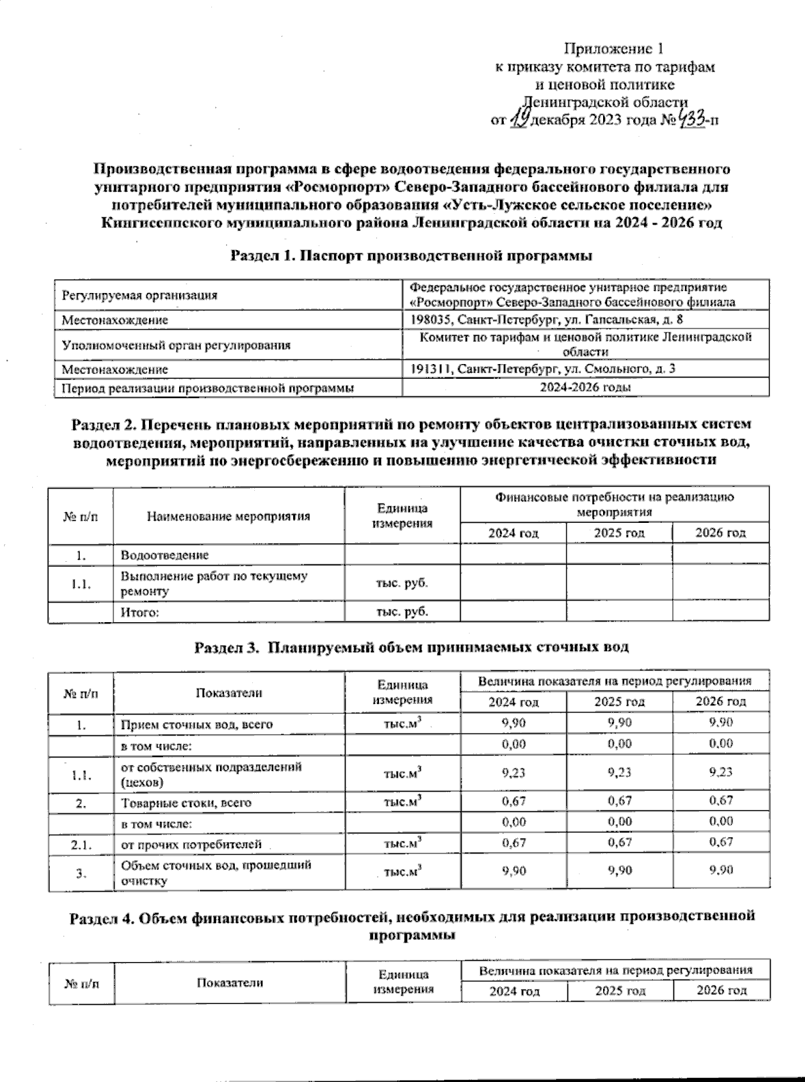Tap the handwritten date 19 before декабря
pyautogui.click(x=518, y=120)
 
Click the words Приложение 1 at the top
pyautogui.click(x=616, y=49)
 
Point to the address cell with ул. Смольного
pyautogui.click(x=543, y=369)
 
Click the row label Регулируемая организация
pyautogui.click(x=140, y=295)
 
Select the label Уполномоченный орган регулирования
pyautogui.click(x=176, y=345)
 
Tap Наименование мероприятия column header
pyautogui.click(x=228, y=516)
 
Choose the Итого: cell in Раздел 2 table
pyautogui.click(x=140, y=612)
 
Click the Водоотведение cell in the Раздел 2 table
pyautogui.click(x=164, y=555)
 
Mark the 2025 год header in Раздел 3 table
pyautogui.click(x=619, y=702)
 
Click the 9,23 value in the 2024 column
pyautogui.click(x=514, y=773)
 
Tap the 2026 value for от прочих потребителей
pyautogui.click(x=720, y=842)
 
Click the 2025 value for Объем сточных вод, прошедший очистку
pyautogui.click(x=619, y=871)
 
